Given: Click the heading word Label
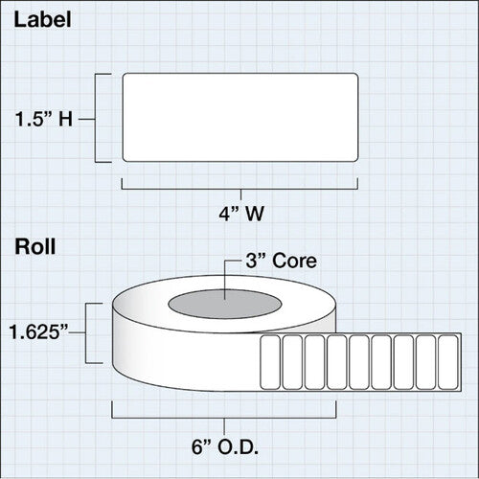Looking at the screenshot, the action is coord(42,20).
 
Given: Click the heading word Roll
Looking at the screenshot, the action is coord(35,246).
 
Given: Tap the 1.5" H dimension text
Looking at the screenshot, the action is coord(44,120).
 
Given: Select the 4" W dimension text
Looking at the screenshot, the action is coord(241,214).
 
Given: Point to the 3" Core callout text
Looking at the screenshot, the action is coord(281,261).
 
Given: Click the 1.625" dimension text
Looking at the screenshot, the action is coord(38,331).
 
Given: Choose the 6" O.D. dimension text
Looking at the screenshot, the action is coord(225,447).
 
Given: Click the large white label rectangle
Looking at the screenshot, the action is coord(240,118).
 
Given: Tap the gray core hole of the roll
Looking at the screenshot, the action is coord(225,304).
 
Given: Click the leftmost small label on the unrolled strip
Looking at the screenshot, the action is coord(270,362).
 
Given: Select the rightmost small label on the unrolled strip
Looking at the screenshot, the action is coord(448,362).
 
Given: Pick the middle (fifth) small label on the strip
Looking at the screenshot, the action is coord(359,362).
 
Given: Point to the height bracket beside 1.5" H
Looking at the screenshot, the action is coord(96,118).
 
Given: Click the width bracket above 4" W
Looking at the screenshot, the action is coord(240,189).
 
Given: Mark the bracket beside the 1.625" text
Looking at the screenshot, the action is coord(85,333).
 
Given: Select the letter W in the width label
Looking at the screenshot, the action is coord(255,214).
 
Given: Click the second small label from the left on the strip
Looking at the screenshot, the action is coord(292,362).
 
